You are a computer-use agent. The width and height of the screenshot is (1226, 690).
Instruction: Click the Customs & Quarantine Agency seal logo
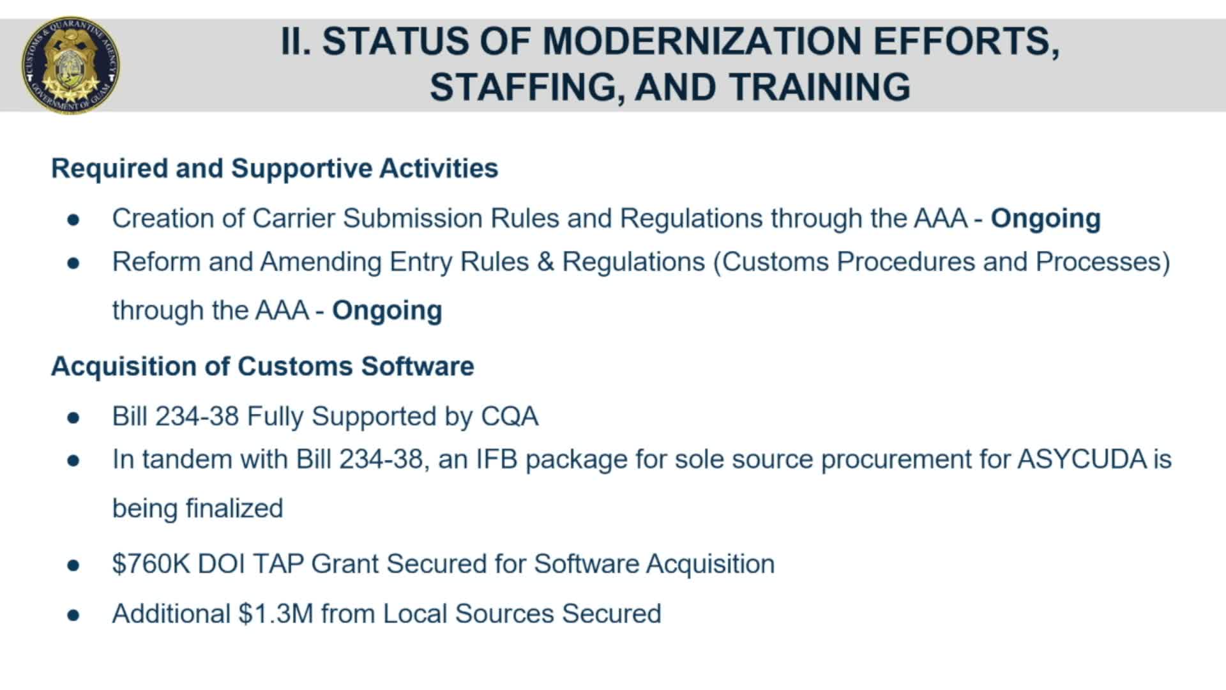tap(70, 65)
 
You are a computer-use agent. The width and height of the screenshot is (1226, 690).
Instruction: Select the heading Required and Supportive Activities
tap(275, 168)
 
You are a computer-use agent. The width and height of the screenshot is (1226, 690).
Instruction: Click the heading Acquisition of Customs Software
tap(262, 367)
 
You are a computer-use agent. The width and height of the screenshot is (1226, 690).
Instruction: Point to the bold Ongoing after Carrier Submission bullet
tap(1045, 218)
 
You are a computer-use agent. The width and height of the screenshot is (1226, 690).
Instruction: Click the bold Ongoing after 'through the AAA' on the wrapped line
tap(387, 310)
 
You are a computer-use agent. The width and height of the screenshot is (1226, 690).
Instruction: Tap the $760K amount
tap(151, 564)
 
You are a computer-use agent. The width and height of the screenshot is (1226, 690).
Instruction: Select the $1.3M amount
tap(276, 614)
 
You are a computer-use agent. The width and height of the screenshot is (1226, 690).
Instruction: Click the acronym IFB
tap(497, 459)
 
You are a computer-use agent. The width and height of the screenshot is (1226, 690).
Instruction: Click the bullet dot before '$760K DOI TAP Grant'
tap(73, 565)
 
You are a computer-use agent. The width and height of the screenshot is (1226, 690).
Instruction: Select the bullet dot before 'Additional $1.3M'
tap(73, 615)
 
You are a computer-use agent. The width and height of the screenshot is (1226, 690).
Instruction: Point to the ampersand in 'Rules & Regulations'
tap(545, 262)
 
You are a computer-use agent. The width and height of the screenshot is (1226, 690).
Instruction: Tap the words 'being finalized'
tap(197, 509)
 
